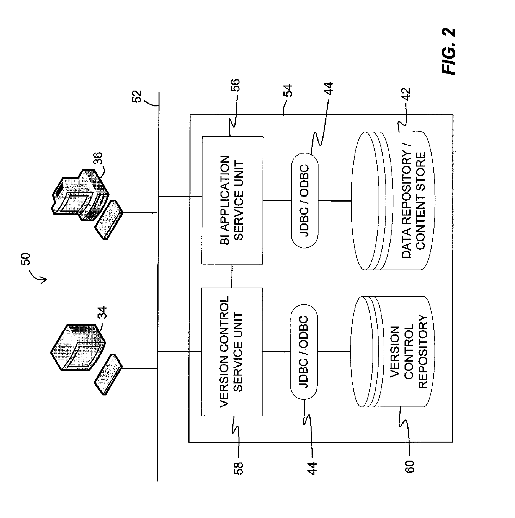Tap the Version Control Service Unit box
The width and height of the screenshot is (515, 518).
point(232,352)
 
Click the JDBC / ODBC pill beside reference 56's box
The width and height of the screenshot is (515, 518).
point(305,200)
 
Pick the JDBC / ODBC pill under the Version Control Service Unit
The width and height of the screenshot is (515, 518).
point(304,352)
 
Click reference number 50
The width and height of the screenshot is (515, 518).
point(26,259)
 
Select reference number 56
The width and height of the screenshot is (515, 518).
point(235,85)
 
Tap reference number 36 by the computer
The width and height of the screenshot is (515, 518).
point(98,159)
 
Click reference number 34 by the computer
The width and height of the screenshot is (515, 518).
point(102,313)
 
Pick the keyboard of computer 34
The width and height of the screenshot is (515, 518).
point(108,374)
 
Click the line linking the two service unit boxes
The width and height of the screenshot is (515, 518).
point(232,276)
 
